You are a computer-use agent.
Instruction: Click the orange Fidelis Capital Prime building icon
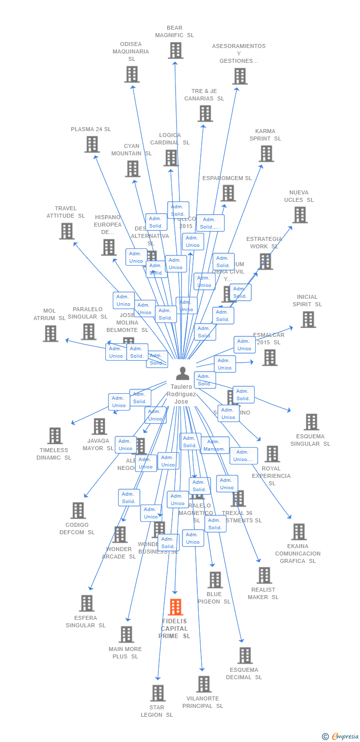tap(176, 607)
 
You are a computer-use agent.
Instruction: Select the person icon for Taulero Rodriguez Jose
tap(182, 373)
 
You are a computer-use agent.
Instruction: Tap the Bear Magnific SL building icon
tap(176, 50)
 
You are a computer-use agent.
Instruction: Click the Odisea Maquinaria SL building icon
tap(132, 74)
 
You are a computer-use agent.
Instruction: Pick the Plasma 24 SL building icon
tap(92, 144)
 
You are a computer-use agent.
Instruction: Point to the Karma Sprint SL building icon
tap(266, 154)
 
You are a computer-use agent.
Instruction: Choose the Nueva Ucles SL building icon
tap(300, 215)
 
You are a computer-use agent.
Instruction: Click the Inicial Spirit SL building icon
tap(308, 320)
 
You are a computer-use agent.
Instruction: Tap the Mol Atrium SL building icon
tap(50, 333)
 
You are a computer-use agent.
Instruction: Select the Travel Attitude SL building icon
tap(67, 231)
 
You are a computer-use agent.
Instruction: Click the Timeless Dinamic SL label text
tap(54, 454)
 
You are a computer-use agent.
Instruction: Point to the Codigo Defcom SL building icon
tap(78, 510)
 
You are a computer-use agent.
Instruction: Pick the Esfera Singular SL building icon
tap(87, 603)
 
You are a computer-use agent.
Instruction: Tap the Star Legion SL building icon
tap(158, 693)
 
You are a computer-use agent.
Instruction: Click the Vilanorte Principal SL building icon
tap(203, 684)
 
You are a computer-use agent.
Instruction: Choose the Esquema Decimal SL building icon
tap(245, 655)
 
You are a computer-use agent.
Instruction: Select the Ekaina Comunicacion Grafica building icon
tap(299, 532)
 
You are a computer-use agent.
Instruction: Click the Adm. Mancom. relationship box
tap(215, 445)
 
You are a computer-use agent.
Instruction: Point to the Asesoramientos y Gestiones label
tap(238, 53)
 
